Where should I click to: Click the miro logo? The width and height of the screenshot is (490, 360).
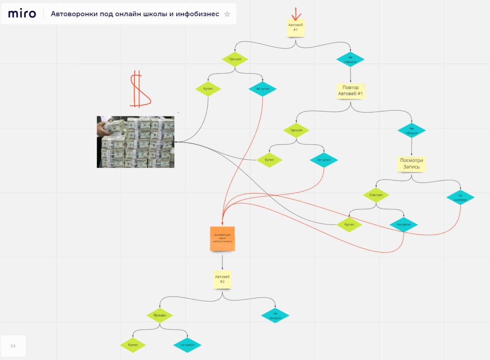tap(22, 14)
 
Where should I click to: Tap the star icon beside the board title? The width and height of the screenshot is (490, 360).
tap(227, 14)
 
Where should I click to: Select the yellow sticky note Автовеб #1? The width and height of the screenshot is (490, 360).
tap(296, 28)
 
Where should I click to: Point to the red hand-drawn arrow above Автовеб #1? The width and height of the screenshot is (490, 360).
tap(296, 13)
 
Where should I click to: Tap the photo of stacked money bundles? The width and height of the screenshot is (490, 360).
tap(135, 142)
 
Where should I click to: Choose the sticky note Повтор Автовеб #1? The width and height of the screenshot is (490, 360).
tap(351, 90)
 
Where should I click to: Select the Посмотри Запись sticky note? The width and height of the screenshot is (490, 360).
tap(412, 164)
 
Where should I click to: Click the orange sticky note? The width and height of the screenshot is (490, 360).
tap(222, 238)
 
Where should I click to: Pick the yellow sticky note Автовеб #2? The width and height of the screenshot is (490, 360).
tap(223, 279)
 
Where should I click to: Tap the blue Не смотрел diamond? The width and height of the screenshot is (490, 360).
tap(460, 197)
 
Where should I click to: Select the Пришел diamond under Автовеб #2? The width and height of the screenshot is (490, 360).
tap(159, 316)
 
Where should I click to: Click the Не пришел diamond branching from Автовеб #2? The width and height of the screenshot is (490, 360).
tap(276, 316)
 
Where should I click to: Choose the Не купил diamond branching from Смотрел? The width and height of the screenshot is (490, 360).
tap(403, 224)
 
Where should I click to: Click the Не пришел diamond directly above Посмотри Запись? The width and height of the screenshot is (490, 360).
tap(412, 131)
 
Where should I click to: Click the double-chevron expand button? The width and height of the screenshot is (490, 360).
tap(13, 346)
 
